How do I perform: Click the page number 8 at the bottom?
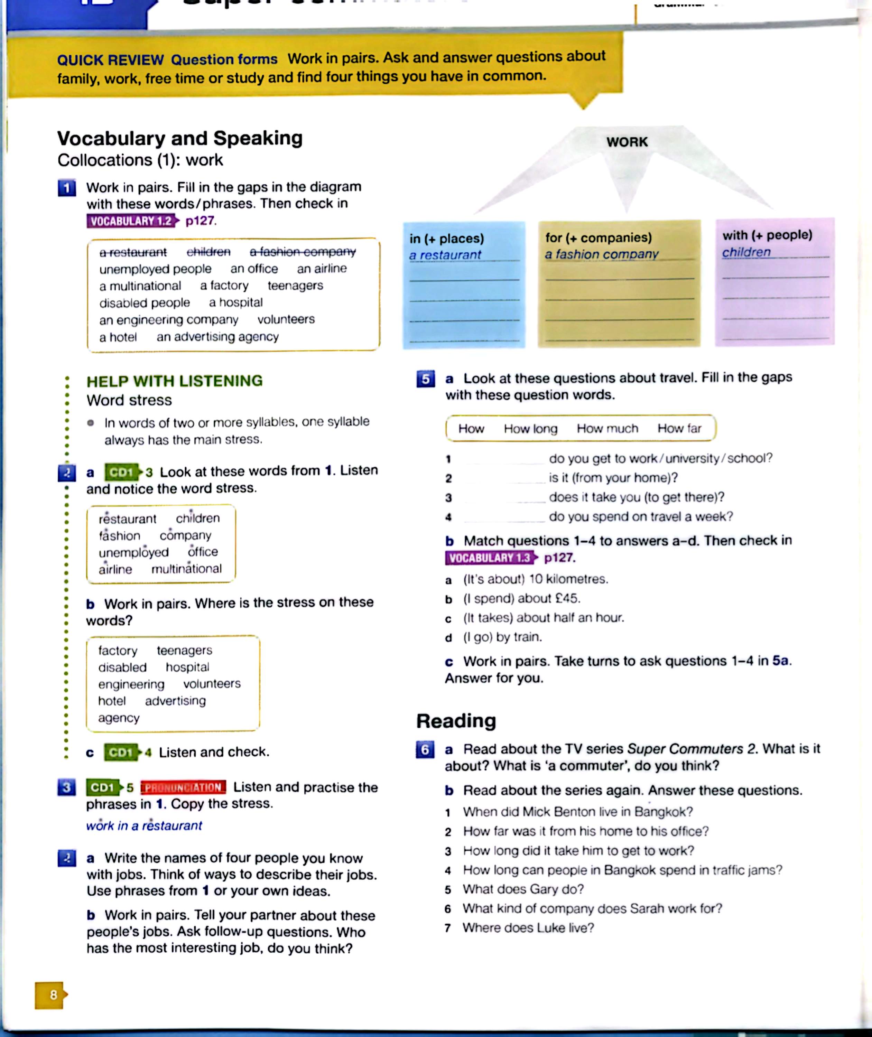53,994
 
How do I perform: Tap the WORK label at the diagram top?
627,142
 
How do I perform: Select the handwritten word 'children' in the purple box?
746,252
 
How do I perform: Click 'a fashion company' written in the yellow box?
602,254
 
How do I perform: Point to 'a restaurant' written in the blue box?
445,255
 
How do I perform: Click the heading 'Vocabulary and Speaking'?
180,138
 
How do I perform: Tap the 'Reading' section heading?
456,721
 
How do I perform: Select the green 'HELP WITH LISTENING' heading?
175,381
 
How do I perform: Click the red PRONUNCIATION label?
183,787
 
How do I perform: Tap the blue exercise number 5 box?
425,379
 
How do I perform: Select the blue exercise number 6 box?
425,749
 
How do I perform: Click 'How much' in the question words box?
607,429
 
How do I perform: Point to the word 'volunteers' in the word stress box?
212,684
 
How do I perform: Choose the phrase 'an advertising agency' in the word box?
217,337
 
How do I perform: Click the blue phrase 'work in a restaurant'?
144,825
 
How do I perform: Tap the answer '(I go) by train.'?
502,637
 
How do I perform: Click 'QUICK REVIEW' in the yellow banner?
110,60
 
